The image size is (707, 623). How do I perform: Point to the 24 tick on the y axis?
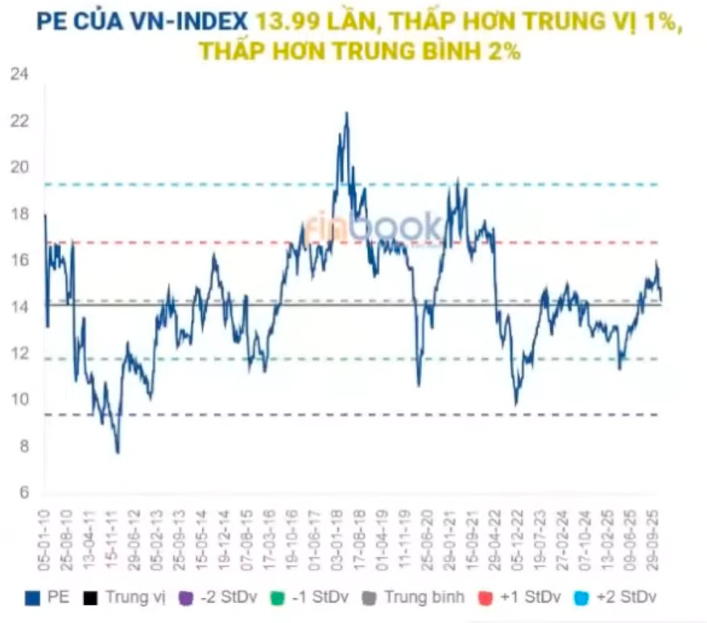[x=19, y=75]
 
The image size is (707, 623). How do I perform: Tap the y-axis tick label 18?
[x=19, y=214]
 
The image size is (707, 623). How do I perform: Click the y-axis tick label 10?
[x=19, y=400]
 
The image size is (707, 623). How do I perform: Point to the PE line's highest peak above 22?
[x=346, y=113]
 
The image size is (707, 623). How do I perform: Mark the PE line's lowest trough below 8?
[x=118, y=452]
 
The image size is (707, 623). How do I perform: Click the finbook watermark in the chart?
[x=372, y=228]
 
